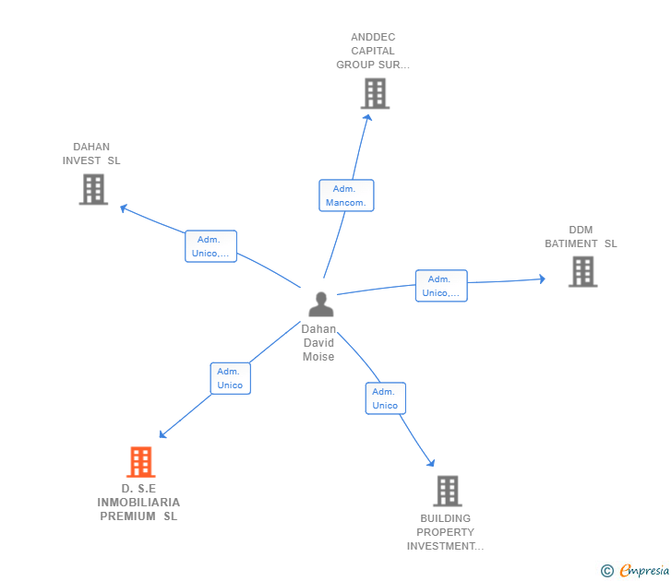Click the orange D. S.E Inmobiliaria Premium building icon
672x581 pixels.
[x=140, y=462]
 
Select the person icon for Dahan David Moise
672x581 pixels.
[x=320, y=303]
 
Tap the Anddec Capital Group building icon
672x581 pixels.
[x=375, y=93]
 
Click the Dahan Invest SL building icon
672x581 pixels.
[x=93, y=189]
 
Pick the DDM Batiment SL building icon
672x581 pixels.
[x=582, y=271]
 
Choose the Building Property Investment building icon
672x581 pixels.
[x=447, y=491]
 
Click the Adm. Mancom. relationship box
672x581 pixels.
[x=346, y=196]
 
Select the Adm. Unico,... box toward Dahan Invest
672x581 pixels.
[x=210, y=246]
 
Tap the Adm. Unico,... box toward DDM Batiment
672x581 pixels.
[x=441, y=286]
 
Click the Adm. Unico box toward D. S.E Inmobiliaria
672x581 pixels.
[x=230, y=378]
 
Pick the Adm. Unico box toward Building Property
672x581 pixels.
[x=385, y=398]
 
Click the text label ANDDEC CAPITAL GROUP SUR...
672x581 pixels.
[x=372, y=52]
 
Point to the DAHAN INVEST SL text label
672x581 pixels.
[x=91, y=154]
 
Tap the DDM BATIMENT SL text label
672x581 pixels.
[x=581, y=237]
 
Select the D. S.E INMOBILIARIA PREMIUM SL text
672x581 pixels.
[x=138, y=503]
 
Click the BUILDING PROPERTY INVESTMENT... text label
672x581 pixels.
[x=445, y=532]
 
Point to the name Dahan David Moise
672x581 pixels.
[x=318, y=343]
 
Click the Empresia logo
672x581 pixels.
[x=643, y=571]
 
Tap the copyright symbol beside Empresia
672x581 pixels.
[x=606, y=571]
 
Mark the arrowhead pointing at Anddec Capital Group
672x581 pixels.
[x=367, y=116]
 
